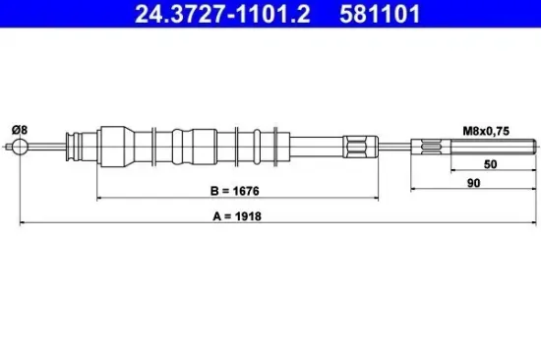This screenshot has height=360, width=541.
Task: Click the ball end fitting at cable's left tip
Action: click(x=19, y=149)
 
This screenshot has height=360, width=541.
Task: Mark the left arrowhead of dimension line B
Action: click(x=99, y=200)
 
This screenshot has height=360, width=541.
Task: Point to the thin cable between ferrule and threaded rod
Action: click(x=397, y=149)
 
